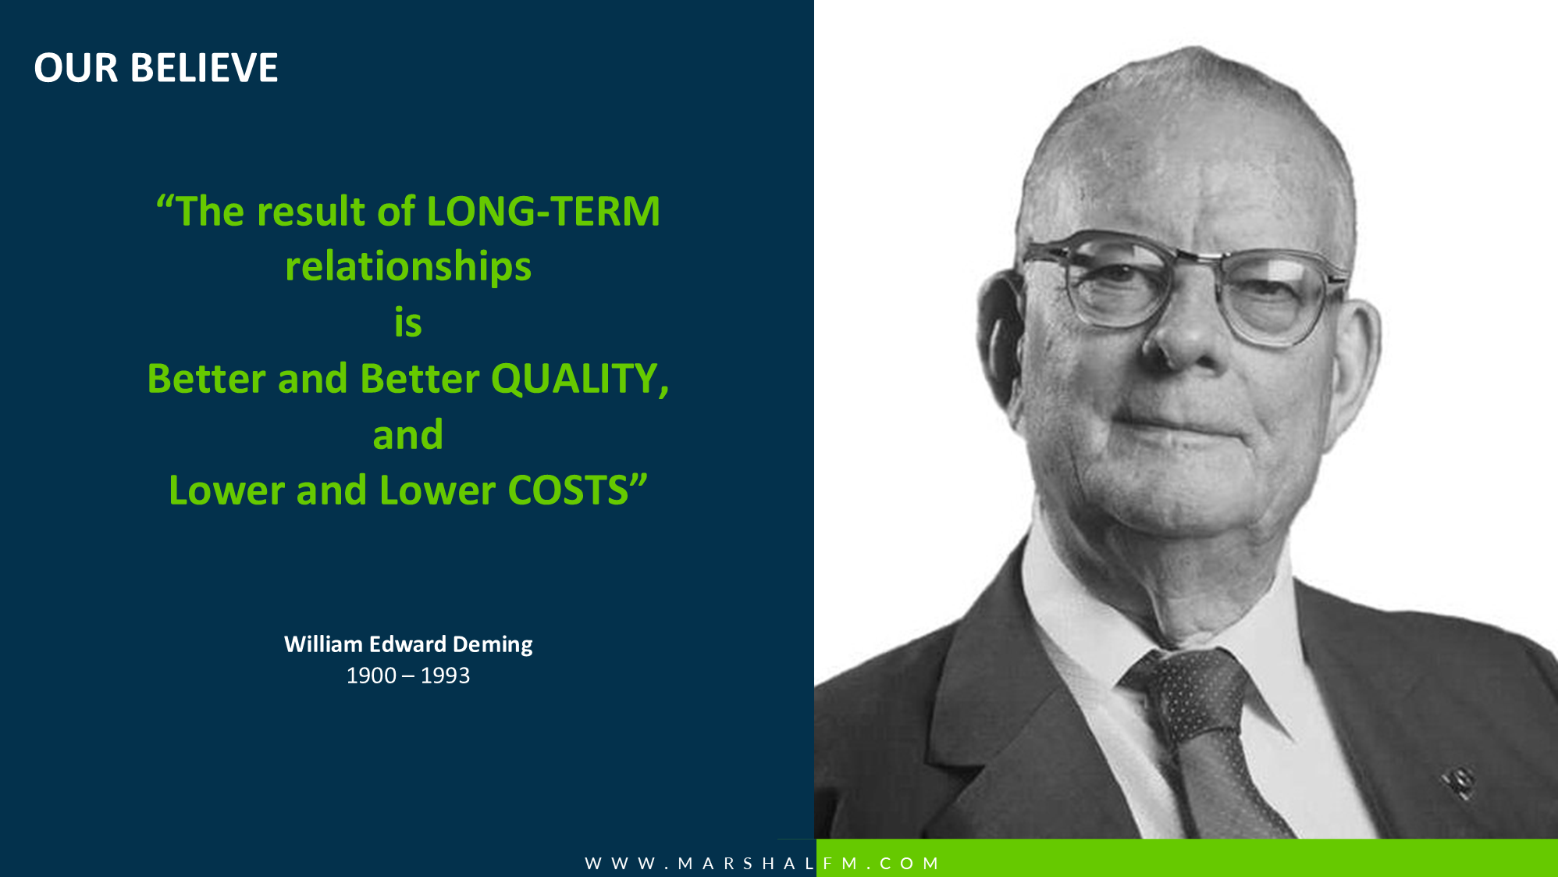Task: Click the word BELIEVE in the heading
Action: pos(204,68)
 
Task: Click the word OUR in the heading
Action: pos(76,68)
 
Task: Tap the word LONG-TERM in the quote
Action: pos(543,211)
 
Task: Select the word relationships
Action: pos(408,267)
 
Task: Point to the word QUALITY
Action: pos(580,380)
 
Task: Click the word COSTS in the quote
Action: pos(568,490)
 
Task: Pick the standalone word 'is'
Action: pos(408,323)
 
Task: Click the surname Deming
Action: pos(493,645)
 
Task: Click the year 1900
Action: pos(372,676)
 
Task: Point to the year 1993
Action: pos(445,676)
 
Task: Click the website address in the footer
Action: pos(762,863)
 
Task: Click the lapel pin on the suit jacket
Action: pos(1458,782)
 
